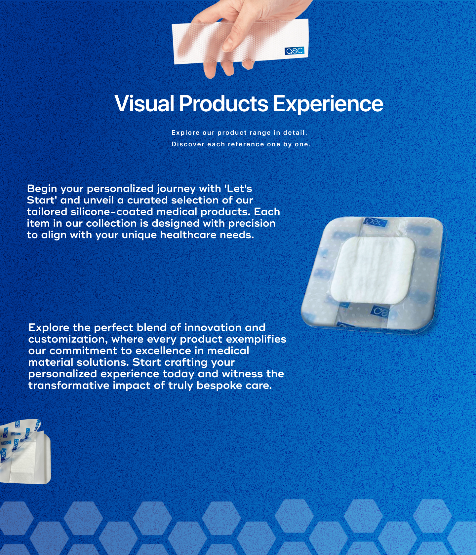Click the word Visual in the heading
pos(144,103)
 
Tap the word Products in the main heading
pos(223,103)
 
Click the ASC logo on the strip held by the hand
pos(294,51)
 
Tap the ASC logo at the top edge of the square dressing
pos(375,222)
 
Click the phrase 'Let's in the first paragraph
pos(238,189)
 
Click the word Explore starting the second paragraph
pos(49,328)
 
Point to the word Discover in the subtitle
pos(187,144)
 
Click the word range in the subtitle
pos(260,133)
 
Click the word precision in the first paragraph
pos(252,223)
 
